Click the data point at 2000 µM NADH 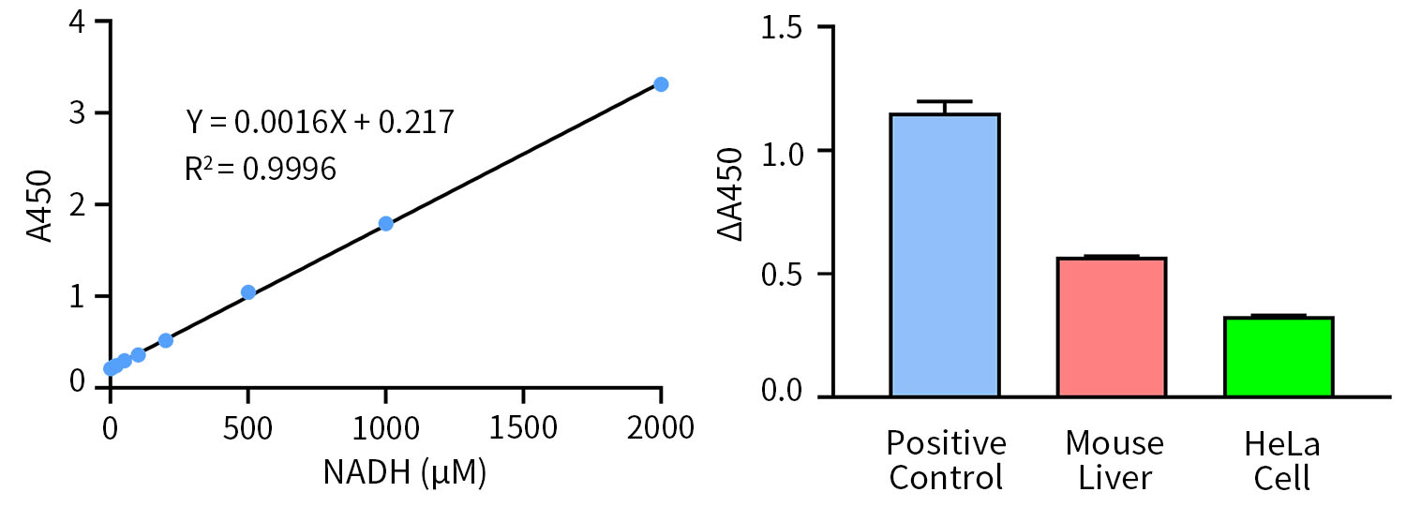point(661,84)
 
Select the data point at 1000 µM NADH point(385,223)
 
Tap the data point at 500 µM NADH point(248,292)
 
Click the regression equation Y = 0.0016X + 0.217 point(320,122)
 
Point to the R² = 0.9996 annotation point(261,169)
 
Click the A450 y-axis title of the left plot point(39,205)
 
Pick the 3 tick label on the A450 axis point(79,113)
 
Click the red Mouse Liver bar point(1112,327)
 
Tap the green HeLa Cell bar point(1279,357)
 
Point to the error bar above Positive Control point(945,105)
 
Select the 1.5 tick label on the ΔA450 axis point(785,27)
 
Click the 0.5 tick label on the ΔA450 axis point(785,274)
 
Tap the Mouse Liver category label point(1114,460)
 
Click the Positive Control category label point(946,460)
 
